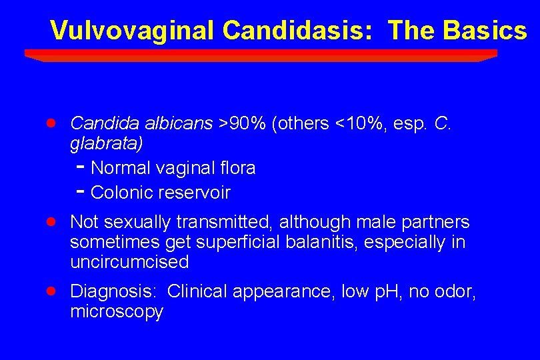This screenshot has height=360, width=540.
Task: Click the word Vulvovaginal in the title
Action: [x=133, y=30]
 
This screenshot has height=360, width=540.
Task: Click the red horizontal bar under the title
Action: [x=261, y=54]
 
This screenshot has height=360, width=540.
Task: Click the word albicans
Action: [x=184, y=123]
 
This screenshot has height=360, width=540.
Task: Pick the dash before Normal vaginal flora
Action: [x=79, y=167]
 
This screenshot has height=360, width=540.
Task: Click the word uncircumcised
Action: [x=129, y=262]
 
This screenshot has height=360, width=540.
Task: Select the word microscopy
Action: [x=116, y=311]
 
